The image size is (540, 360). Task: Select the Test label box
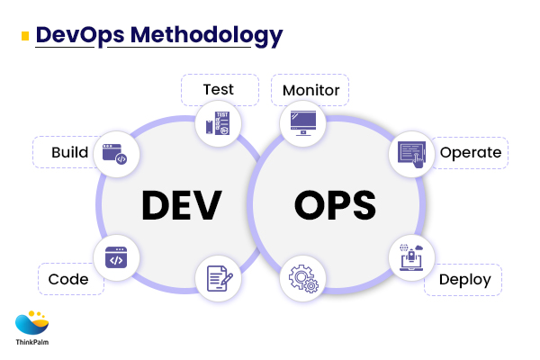[218, 89]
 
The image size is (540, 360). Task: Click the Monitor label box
[310, 90]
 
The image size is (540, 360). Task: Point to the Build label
[69, 152]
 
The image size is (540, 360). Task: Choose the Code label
[69, 279]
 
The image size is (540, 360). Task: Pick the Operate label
[470, 152]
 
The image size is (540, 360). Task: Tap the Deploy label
[464, 279]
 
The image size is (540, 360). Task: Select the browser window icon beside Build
[115, 152]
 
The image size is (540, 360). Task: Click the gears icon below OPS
[301, 277]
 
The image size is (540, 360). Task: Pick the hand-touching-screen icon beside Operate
[411, 152]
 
